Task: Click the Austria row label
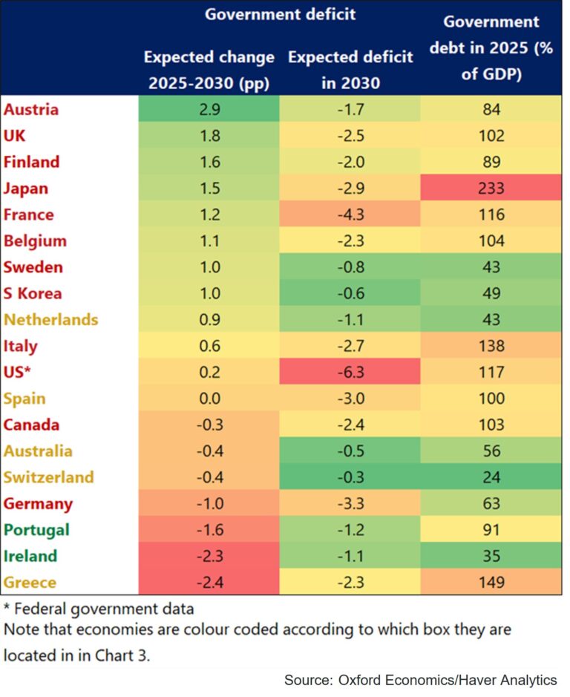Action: pos(31,110)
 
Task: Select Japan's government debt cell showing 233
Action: pos(491,189)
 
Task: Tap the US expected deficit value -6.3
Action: pos(350,373)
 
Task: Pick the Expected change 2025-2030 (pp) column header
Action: pos(209,70)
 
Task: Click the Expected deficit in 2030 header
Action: pos(350,70)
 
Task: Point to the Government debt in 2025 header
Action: pos(491,49)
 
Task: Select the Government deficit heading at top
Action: pos(280,15)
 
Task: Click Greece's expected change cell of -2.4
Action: pos(209,583)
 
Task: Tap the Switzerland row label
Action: pos(49,477)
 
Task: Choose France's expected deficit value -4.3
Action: pos(350,215)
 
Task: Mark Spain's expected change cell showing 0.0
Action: pos(209,399)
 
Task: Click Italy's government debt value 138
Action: pos(491,346)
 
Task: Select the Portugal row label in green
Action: pos(36,530)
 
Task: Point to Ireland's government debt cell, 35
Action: pos(491,556)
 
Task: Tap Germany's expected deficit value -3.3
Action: pos(350,504)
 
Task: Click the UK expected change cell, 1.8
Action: pos(209,136)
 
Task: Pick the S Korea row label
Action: pos(33,293)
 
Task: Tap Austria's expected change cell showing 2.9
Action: pos(209,110)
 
